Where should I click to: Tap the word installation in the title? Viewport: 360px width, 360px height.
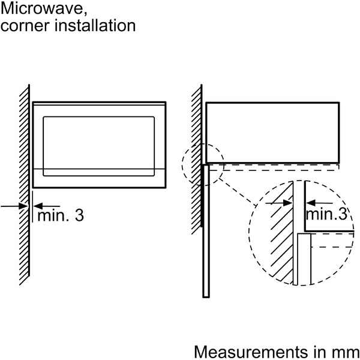(93, 26)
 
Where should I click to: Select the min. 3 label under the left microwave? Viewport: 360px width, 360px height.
(60, 215)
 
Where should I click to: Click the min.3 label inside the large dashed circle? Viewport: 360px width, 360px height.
(326, 213)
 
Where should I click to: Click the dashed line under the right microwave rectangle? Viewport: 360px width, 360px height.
(282, 169)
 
